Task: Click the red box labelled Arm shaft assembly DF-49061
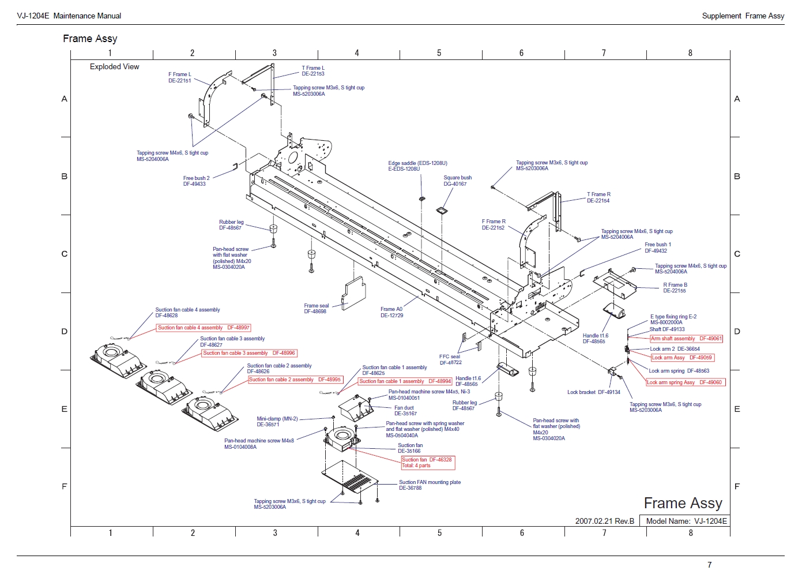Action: pyautogui.click(x=686, y=339)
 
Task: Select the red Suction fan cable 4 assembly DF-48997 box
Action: pyautogui.click(x=204, y=328)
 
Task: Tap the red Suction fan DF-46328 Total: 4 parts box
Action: pyautogui.click(x=427, y=463)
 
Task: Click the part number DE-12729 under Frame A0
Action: pyautogui.click(x=392, y=316)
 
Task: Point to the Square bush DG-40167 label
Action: pyautogui.click(x=457, y=181)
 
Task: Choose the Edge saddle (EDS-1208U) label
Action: pyautogui.click(x=417, y=163)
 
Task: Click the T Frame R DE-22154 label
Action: pyautogui.click(x=598, y=197)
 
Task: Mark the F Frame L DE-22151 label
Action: pyautogui.click(x=180, y=77)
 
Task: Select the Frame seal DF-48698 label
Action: pyautogui.click(x=316, y=309)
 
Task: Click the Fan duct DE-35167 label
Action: pyautogui.click(x=405, y=411)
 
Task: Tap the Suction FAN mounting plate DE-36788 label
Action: pyautogui.click(x=430, y=485)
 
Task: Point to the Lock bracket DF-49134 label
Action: pyautogui.click(x=594, y=392)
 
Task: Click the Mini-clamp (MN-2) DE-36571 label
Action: pyautogui.click(x=277, y=422)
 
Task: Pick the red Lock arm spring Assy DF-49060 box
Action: pyautogui.click(x=684, y=382)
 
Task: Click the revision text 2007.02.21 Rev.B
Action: pyautogui.click(x=604, y=521)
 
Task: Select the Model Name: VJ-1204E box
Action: pyautogui.click(x=687, y=521)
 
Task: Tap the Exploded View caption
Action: pyautogui.click(x=114, y=67)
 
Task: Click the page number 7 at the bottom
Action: pyautogui.click(x=710, y=565)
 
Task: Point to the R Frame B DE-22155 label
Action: pyautogui.click(x=675, y=288)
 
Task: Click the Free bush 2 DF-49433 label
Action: pyautogui.click(x=196, y=181)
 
